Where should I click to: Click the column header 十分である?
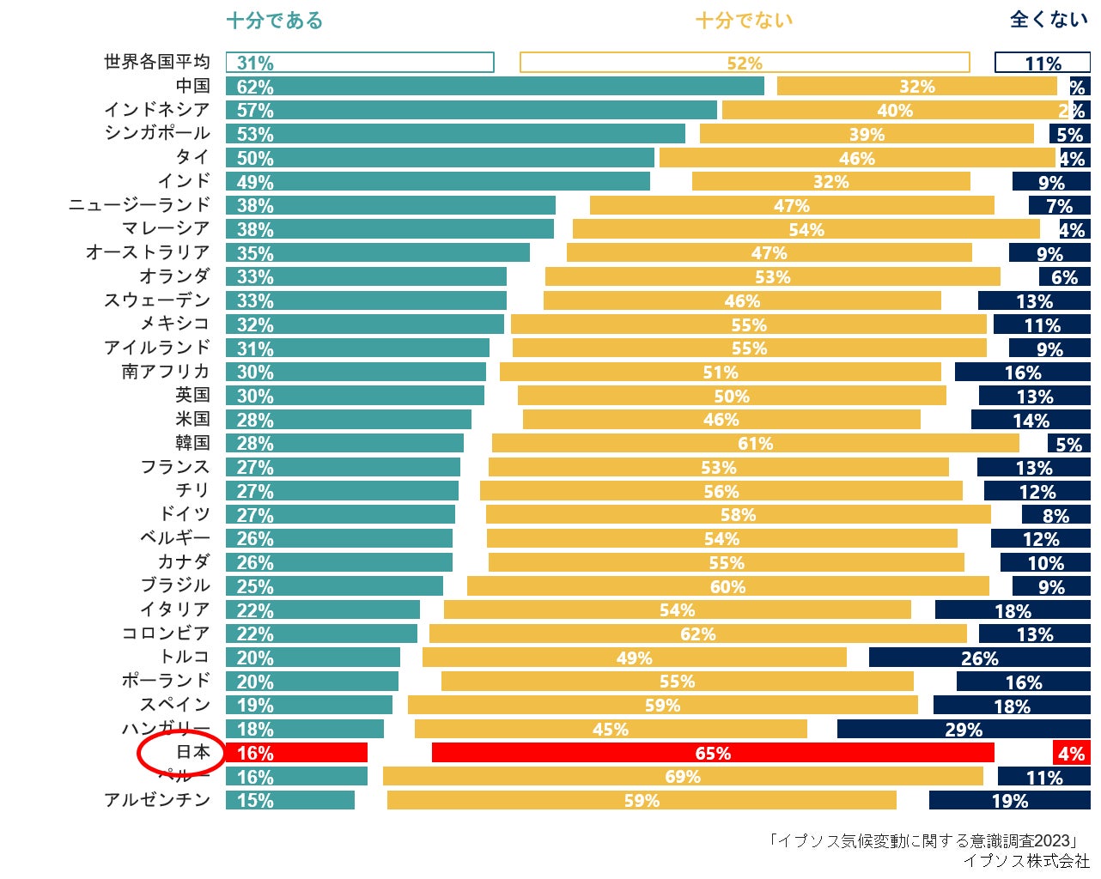pos(274,21)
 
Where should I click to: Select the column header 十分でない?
pos(744,21)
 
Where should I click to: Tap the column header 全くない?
pos(1049,20)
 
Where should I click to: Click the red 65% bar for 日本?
pos(713,753)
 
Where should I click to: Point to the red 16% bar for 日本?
pos(296,753)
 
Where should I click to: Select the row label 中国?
pos(192,86)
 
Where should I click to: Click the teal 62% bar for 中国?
pos(495,87)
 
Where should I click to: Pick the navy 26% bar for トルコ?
pos(979,658)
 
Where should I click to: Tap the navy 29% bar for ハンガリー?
pos(964,729)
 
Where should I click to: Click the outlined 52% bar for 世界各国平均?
pos(744,63)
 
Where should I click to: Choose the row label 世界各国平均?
pos(156,62)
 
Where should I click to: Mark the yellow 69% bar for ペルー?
pos(683,777)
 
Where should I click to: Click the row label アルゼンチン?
pos(157,800)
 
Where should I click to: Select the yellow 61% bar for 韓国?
pos(755,443)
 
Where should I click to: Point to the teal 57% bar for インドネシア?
pos(471,110)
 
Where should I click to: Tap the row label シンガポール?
pos(157,133)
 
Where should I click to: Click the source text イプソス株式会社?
pos(1025,860)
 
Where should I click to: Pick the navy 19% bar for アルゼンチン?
pos(1009,800)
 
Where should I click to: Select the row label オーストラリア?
pos(148,252)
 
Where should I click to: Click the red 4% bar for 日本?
pos(1071,753)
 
